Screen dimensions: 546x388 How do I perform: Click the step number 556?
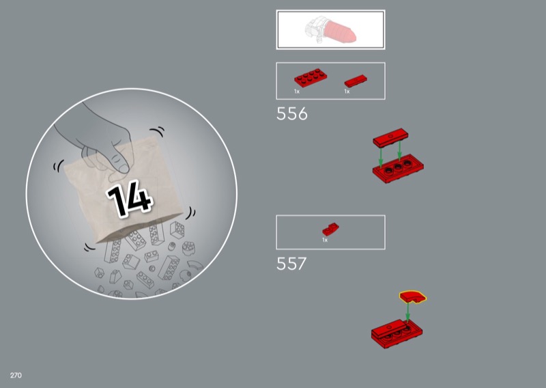click(292, 113)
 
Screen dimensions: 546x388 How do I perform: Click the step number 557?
click(291, 264)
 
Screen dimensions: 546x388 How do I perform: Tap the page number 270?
click(16, 375)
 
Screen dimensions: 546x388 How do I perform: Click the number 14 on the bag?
click(129, 198)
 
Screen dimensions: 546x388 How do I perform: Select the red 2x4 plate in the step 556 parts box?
click(311, 78)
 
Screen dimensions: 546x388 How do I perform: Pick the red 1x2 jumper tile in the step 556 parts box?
click(356, 81)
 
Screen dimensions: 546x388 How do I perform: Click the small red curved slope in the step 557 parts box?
click(330, 230)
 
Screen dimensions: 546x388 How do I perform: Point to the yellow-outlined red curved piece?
click(413, 296)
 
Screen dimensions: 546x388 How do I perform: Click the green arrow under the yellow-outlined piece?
click(407, 311)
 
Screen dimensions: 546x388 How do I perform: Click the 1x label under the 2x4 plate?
click(297, 92)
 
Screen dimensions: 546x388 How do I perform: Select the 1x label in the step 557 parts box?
click(325, 240)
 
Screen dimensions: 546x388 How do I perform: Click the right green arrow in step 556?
click(399, 150)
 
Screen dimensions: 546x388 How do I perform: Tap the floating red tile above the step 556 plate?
click(390, 137)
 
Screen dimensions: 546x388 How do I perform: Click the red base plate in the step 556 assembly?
click(398, 169)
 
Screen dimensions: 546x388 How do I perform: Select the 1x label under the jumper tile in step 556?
click(347, 92)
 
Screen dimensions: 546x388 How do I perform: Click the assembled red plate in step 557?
click(397, 333)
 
